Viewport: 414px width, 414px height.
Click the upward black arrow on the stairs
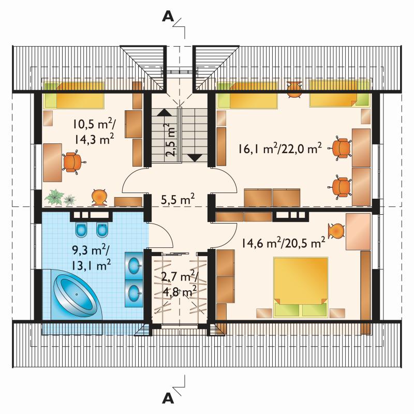click(164, 112)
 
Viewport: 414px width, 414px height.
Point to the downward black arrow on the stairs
click(195, 158)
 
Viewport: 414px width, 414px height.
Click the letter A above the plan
click(168, 17)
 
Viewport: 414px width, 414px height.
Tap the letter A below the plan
click(168, 398)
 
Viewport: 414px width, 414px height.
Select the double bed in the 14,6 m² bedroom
click(301, 287)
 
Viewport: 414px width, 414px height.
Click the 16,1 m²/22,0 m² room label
click(280, 149)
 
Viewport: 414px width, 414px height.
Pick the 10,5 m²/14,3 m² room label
click(94, 131)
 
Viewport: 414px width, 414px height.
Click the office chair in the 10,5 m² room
click(72, 162)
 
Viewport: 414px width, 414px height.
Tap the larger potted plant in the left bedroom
click(54, 197)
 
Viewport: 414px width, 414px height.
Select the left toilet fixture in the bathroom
click(81, 230)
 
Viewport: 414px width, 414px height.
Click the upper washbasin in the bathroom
click(135, 265)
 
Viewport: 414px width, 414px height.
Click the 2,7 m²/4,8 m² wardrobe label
click(180, 283)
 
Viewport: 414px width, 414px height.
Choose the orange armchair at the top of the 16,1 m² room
click(294, 89)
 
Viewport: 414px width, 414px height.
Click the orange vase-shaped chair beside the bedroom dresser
click(336, 231)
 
